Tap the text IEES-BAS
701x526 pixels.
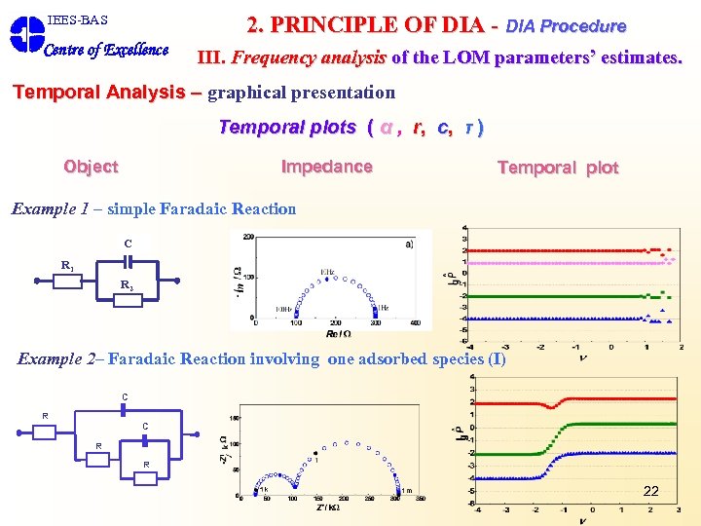click(x=77, y=19)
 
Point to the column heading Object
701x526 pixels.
click(x=91, y=167)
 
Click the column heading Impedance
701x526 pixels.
click(x=326, y=167)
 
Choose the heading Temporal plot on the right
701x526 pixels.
click(x=558, y=168)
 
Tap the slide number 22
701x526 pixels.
click(x=650, y=491)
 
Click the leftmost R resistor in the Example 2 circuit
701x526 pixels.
click(x=45, y=432)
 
